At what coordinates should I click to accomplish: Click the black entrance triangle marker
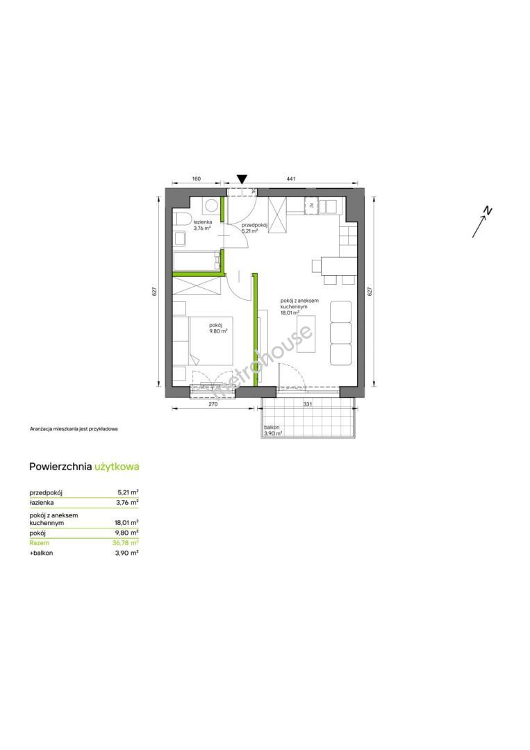coord(242,179)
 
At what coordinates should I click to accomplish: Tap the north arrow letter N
coord(488,210)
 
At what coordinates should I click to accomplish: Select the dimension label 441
coord(291,179)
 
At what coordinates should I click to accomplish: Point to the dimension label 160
coord(196,179)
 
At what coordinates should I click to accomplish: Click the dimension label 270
coord(213,404)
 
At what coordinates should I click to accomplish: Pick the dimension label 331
coord(308,404)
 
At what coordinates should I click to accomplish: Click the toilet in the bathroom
coord(181,219)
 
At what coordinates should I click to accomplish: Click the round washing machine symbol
coord(210,206)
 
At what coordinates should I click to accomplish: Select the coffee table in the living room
coord(306,333)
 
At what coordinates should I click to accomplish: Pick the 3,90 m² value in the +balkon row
coord(127,553)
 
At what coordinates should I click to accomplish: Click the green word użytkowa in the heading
coord(117,467)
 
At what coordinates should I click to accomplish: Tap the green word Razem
coord(39,543)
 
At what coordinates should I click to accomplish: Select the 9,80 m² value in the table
coord(127,533)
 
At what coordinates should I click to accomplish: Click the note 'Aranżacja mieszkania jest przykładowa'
coord(74,429)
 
